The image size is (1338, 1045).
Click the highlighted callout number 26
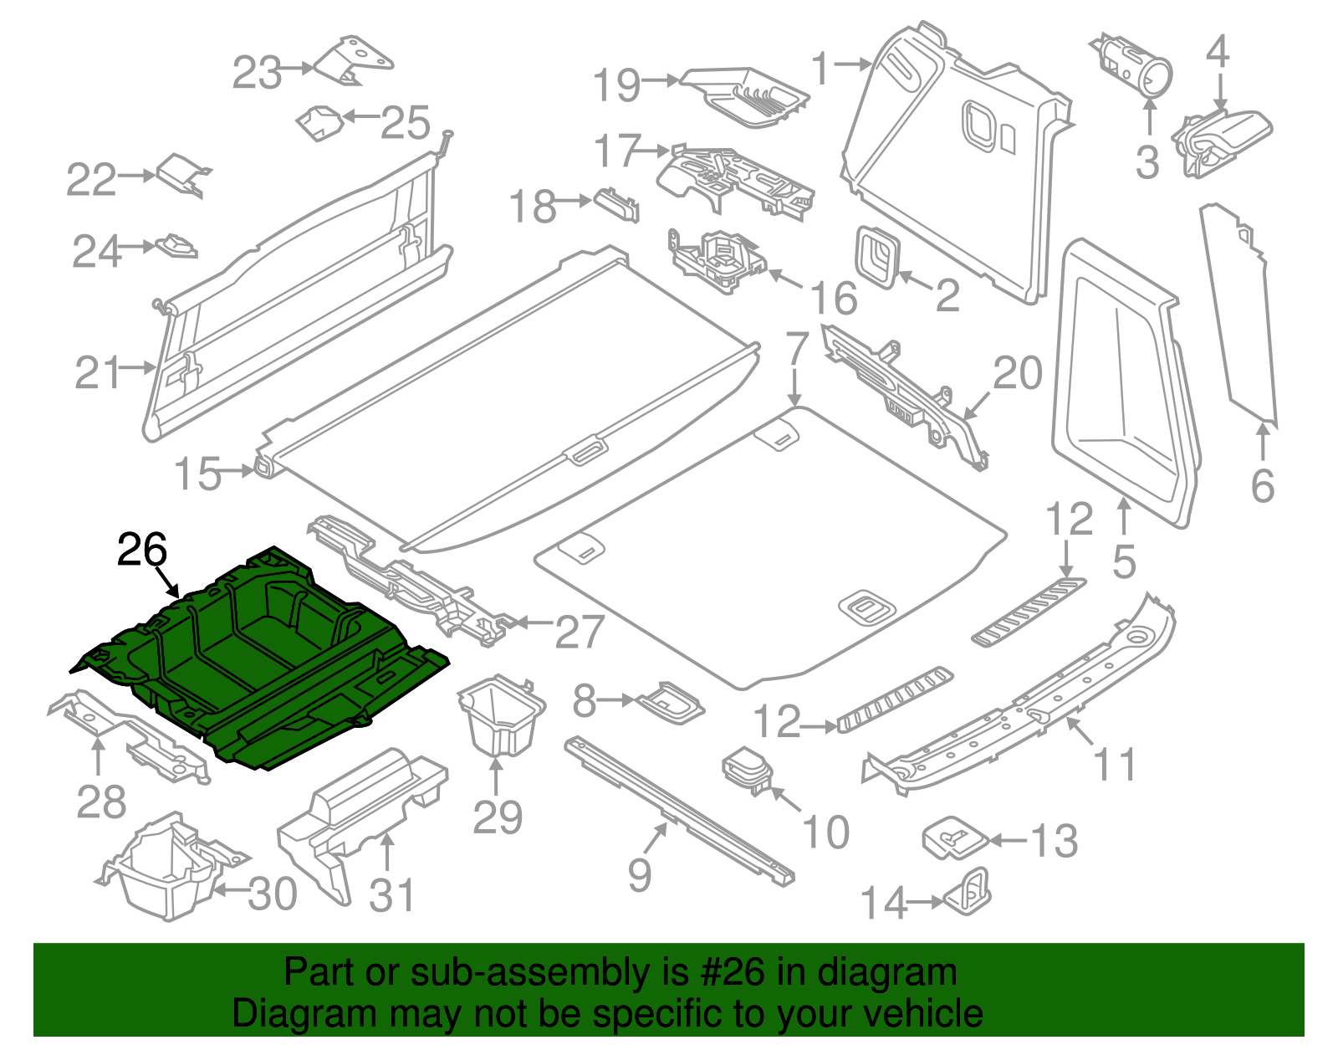tap(142, 550)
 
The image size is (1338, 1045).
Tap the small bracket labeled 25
tap(320, 123)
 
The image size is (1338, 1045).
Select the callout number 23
tap(257, 73)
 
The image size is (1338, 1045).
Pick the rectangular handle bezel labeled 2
tap(876, 255)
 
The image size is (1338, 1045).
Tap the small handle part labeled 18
tap(617, 203)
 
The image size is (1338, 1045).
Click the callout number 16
tap(834, 298)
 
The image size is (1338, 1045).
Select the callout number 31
tap(391, 895)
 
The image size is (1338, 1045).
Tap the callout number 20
tap(1017, 373)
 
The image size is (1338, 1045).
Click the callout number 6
tap(1262, 485)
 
